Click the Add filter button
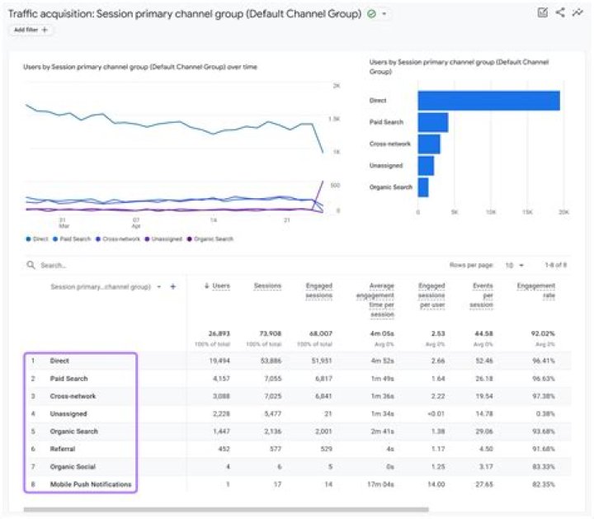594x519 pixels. [31, 30]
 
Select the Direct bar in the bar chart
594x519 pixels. [488, 101]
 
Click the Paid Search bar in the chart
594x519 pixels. [432, 123]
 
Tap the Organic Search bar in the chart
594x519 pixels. [422, 187]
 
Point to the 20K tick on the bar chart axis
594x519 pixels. [564, 212]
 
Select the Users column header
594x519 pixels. [219, 286]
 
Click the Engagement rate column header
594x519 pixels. [535, 290]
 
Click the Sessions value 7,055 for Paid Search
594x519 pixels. [270, 378]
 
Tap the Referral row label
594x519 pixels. [63, 449]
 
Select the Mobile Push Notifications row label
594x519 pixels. [91, 484]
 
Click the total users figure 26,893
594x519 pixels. [218, 334]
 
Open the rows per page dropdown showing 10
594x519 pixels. [513, 266]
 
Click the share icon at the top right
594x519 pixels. [560, 12]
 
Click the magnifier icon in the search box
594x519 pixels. [31, 266]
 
